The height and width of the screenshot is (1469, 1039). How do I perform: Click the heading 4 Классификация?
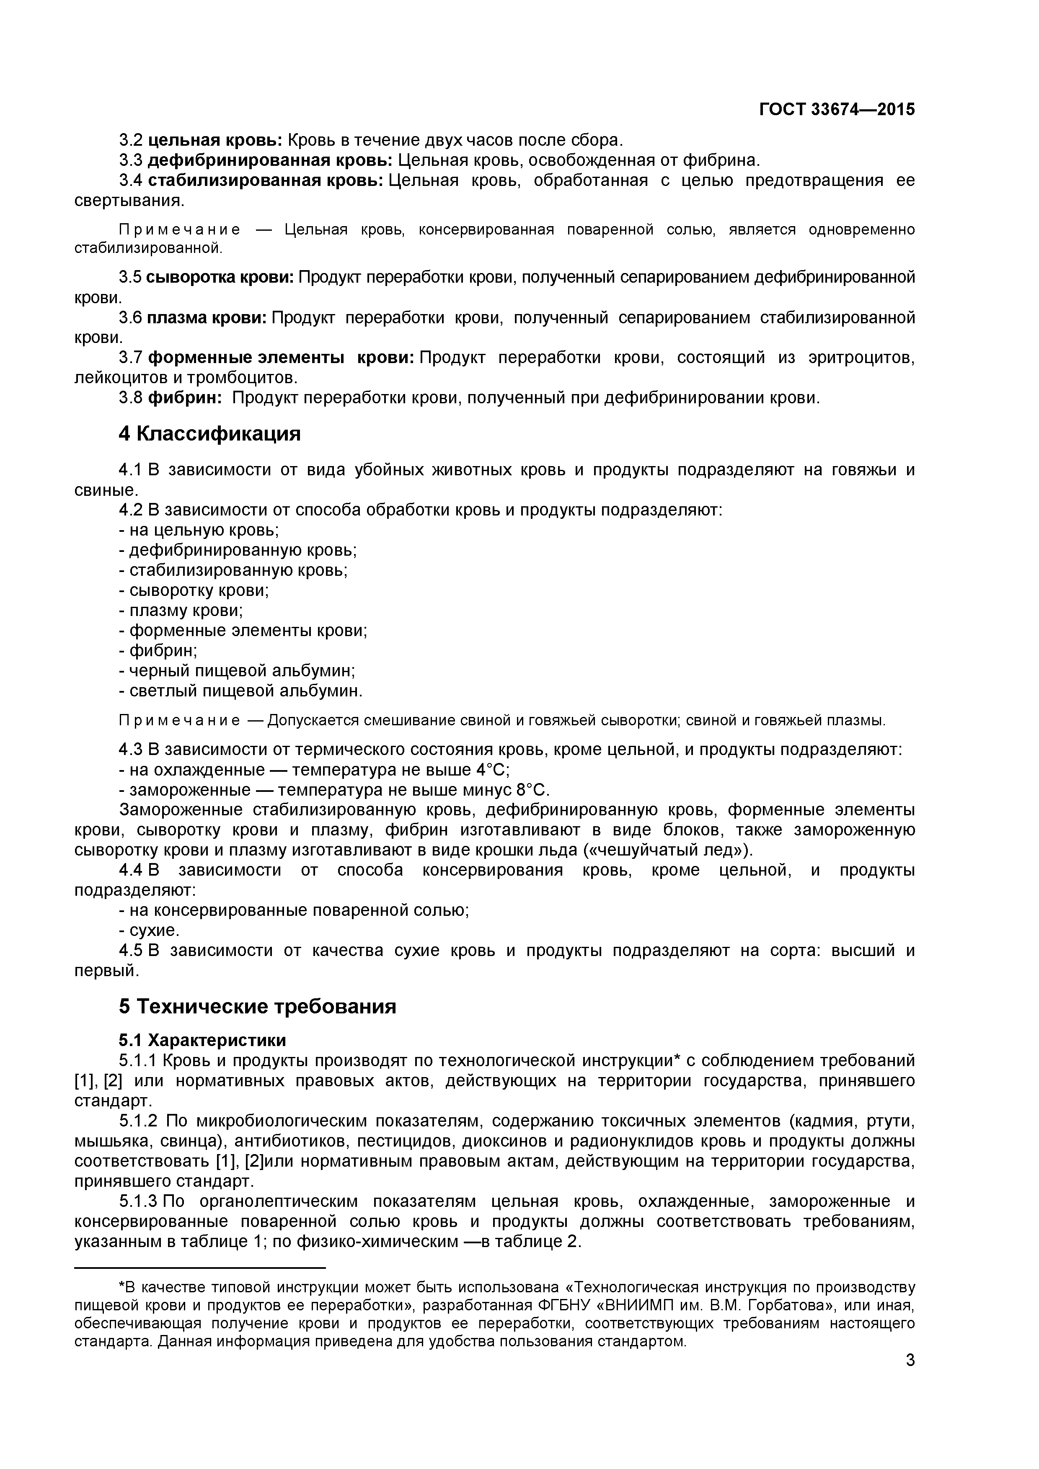[209, 434]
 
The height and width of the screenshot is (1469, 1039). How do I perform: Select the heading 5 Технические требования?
[257, 1006]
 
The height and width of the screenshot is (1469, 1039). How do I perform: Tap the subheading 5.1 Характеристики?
[202, 1040]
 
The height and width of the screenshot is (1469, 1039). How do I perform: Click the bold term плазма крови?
[207, 318]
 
